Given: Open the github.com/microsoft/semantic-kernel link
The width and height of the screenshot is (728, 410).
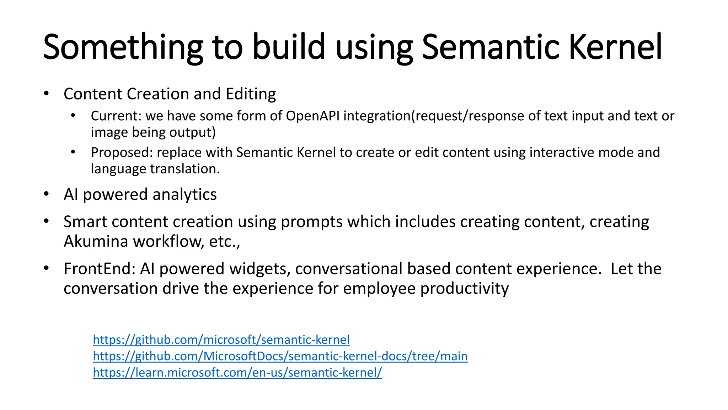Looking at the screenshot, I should point(221,340).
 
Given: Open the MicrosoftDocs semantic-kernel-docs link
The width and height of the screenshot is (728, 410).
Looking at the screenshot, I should point(280,356).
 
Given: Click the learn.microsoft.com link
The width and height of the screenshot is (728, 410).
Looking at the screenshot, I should point(237,372).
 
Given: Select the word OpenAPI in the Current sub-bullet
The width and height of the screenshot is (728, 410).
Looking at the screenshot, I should point(313,116).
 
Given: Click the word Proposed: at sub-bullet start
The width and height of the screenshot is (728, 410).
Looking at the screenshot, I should point(122,152).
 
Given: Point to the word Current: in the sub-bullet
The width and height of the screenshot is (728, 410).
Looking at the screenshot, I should point(116,116).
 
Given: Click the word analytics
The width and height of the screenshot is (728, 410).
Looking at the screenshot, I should point(184,195).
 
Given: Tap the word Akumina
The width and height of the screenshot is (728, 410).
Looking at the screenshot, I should point(96,241).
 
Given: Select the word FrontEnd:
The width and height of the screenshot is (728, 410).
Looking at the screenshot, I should point(100,269).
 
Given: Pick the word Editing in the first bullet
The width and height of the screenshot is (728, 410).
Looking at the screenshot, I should point(251,94).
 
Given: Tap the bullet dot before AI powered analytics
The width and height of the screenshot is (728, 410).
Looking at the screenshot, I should point(46,194).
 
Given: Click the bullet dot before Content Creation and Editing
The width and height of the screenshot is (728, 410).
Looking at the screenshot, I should point(46,94).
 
